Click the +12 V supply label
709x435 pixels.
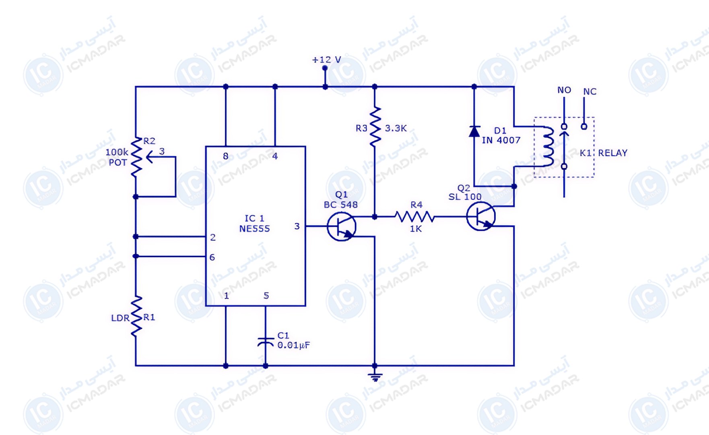(x=327, y=60)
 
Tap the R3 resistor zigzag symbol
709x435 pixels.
(x=375, y=126)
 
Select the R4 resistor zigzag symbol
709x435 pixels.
(x=415, y=217)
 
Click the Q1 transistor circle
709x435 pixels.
(x=341, y=227)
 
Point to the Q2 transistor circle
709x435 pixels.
(x=481, y=217)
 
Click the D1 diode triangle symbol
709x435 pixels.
(x=474, y=131)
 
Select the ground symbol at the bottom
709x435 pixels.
(x=375, y=377)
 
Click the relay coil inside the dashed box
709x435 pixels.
(x=548, y=146)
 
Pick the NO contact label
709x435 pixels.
(x=564, y=90)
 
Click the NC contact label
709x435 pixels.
(x=590, y=92)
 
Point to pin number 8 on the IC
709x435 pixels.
(x=226, y=156)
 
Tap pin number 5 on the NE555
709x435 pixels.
(x=266, y=296)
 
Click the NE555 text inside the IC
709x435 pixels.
(x=254, y=229)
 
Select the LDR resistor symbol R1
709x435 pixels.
(x=136, y=316)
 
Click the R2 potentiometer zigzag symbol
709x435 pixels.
(x=136, y=157)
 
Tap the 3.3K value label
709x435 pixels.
(x=396, y=128)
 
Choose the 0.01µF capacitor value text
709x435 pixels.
(x=294, y=345)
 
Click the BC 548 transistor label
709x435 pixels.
(x=341, y=205)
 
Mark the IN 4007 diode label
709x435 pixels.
(x=501, y=140)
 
